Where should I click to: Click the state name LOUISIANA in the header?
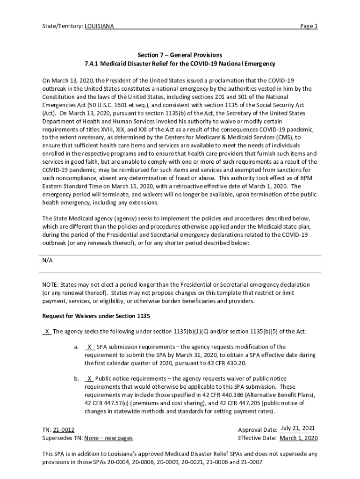[x=99, y=26]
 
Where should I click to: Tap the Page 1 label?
[x=309, y=26]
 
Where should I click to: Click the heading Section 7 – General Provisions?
[x=180, y=55]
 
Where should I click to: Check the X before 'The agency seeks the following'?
[x=47, y=332]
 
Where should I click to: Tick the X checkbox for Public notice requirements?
[x=89, y=378]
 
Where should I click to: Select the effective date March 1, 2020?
[x=299, y=438]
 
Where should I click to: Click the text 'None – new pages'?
[x=108, y=438]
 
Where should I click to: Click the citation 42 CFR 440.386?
[x=221, y=394]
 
